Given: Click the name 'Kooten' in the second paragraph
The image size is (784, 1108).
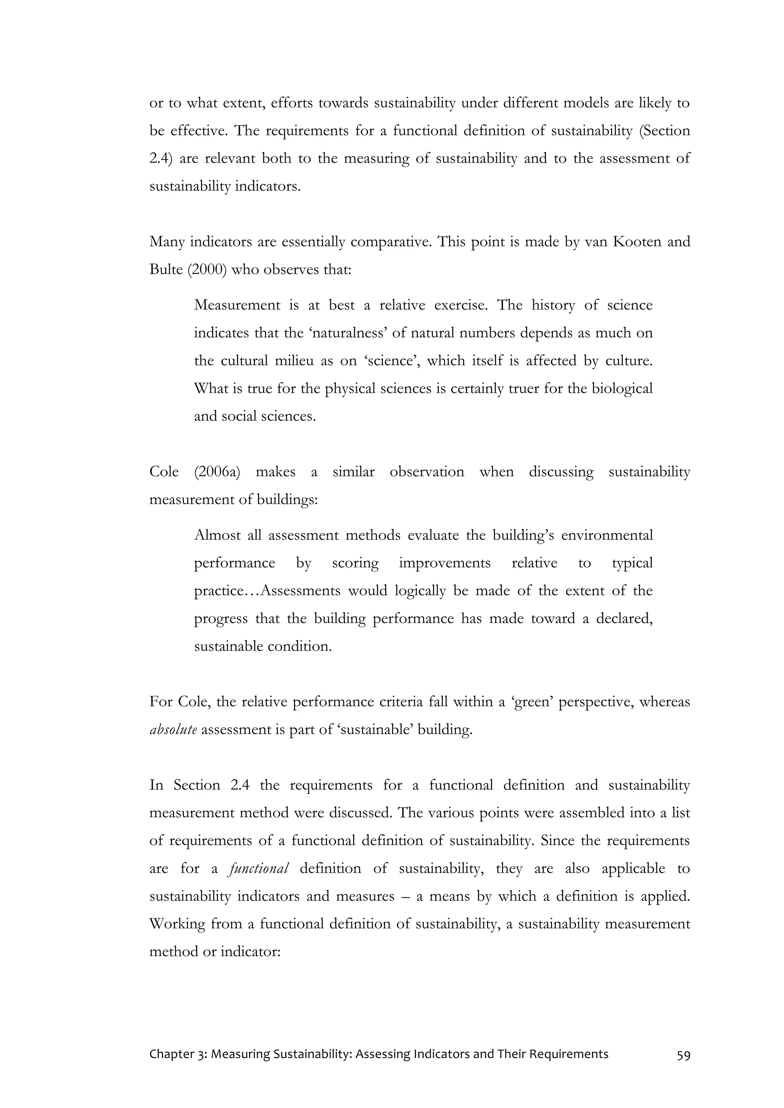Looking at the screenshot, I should pyautogui.click(x=637, y=242).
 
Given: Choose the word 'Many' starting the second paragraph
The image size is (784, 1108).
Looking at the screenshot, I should pyautogui.click(x=167, y=242).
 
